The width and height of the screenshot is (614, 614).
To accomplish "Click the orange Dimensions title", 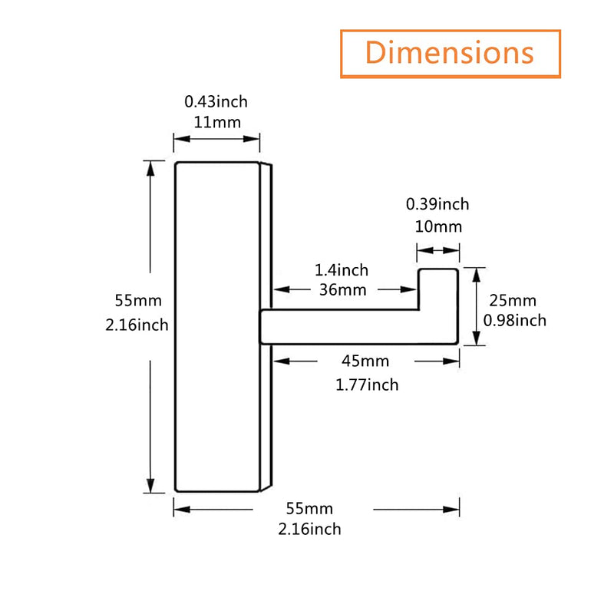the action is pyautogui.click(x=450, y=52).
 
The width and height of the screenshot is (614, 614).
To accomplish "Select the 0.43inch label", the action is pyautogui.click(x=216, y=102).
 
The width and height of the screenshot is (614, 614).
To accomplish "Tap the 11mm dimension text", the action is pyautogui.click(x=217, y=123).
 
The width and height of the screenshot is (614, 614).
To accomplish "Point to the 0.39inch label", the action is pyautogui.click(x=437, y=204).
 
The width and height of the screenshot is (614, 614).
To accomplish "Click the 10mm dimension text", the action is pyautogui.click(x=438, y=226).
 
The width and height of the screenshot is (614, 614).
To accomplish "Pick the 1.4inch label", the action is pyautogui.click(x=342, y=270).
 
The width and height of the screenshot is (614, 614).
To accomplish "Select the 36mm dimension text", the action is pyautogui.click(x=342, y=290).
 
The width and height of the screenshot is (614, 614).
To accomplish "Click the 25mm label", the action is pyautogui.click(x=513, y=301).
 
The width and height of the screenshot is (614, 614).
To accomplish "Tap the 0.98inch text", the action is pyautogui.click(x=514, y=321).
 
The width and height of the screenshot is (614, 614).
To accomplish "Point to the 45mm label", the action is pyautogui.click(x=365, y=361).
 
